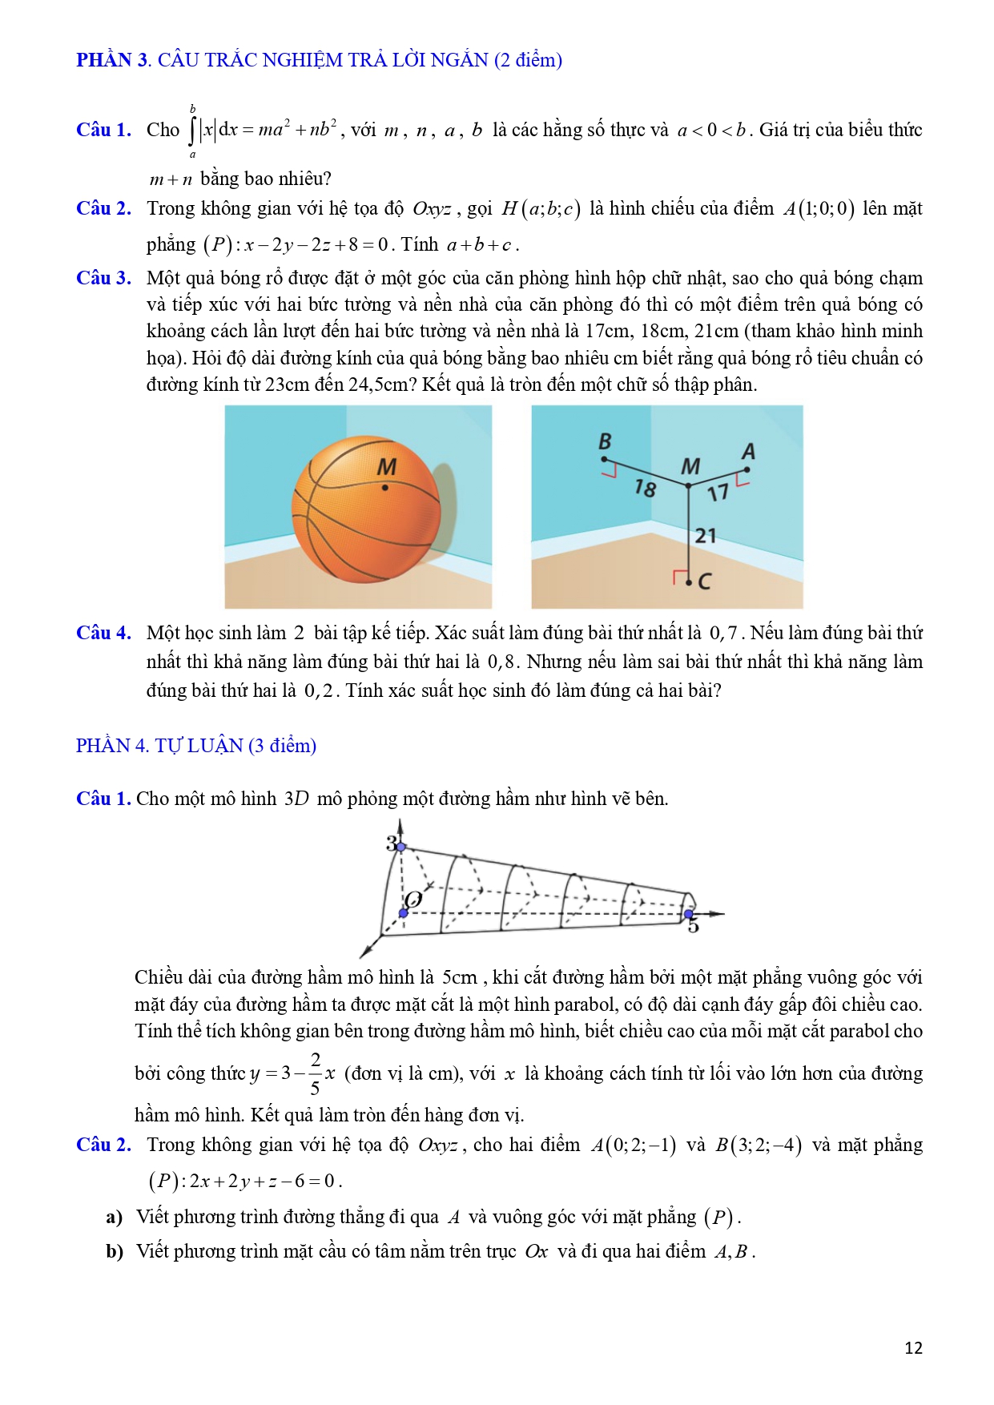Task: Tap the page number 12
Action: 913,1347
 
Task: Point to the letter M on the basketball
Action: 386,466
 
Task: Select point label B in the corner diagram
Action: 605,441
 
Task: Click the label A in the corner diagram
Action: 748,452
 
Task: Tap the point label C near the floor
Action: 705,582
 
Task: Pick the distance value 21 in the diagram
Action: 706,535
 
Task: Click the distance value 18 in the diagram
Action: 645,487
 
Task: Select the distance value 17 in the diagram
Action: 718,492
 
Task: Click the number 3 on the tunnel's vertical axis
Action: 391,843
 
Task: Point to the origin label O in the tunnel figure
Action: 413,899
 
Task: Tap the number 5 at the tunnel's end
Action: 693,927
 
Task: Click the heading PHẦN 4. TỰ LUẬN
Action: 195,746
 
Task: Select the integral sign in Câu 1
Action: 192,131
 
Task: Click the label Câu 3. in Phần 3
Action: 103,278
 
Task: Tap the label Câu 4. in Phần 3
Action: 103,633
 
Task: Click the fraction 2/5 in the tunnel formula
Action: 315,1073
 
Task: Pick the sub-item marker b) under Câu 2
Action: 115,1251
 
